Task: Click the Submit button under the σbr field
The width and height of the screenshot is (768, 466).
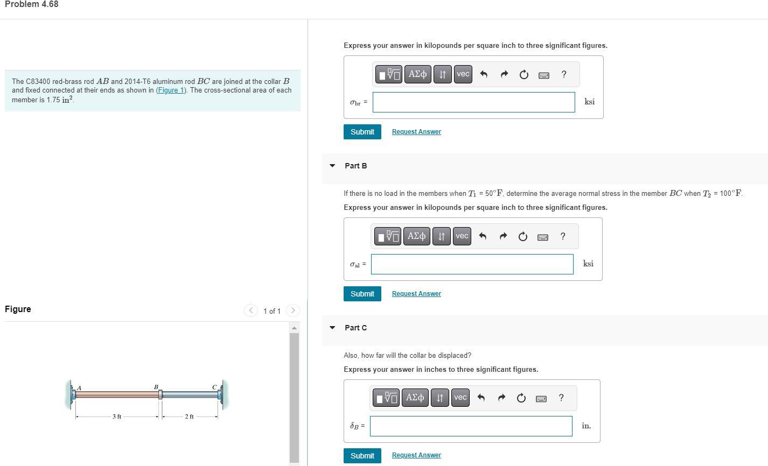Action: [x=362, y=132]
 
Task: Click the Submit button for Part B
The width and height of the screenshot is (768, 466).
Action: [x=362, y=294]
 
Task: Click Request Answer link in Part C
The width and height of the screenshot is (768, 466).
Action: [x=416, y=455]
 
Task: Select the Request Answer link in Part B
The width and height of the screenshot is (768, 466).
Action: [x=416, y=294]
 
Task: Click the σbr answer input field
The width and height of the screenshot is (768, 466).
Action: [x=473, y=102]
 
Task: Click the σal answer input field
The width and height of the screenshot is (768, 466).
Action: [x=472, y=264]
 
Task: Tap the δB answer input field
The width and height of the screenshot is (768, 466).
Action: [x=471, y=426]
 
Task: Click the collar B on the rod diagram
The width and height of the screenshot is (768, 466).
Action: [x=160, y=394]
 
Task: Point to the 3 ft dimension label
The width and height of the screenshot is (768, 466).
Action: [x=117, y=417]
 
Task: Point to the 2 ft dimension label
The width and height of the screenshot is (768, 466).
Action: [x=189, y=417]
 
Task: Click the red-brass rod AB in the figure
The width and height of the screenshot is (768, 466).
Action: [x=117, y=394]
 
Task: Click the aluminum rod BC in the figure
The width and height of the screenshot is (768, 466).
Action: [x=190, y=394]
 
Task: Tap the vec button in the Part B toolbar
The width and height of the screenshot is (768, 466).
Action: [x=462, y=236]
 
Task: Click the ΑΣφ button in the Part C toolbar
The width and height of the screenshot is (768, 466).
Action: [x=415, y=398]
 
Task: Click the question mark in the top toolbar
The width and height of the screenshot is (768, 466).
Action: [x=563, y=74]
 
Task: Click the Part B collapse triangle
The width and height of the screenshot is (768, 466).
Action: [x=332, y=166]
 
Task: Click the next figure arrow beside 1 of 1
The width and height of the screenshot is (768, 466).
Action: [x=293, y=310]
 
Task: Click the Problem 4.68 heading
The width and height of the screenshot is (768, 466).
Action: [x=31, y=4]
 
